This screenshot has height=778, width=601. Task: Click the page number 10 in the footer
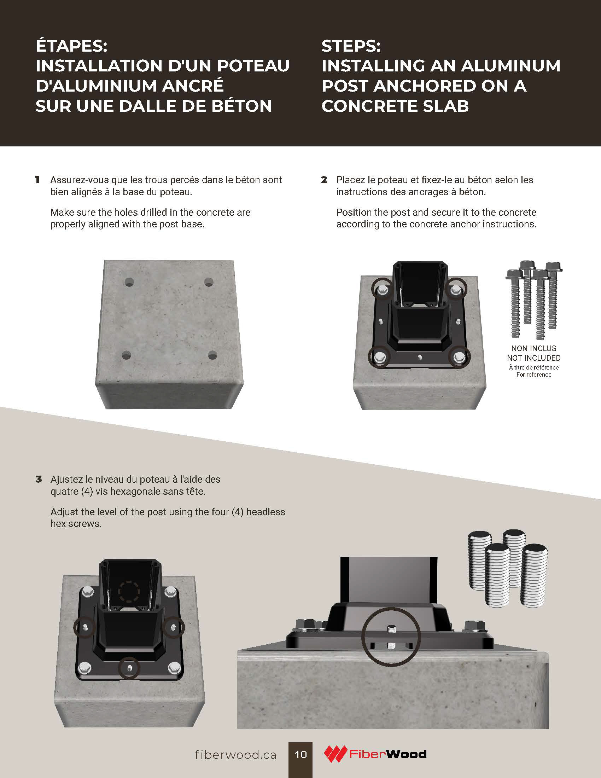(x=300, y=754)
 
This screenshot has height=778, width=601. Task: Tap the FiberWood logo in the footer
(x=375, y=754)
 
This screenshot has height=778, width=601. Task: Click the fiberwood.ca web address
(x=235, y=755)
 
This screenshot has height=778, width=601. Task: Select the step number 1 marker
(x=37, y=180)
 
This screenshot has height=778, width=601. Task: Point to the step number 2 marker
(x=324, y=180)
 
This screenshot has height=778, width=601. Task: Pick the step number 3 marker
(x=39, y=479)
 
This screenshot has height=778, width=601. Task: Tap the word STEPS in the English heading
(x=351, y=46)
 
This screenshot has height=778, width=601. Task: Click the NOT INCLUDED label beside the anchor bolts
(x=534, y=358)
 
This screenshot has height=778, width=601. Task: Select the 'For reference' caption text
(x=534, y=375)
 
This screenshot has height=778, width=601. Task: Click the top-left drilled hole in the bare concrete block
(x=129, y=283)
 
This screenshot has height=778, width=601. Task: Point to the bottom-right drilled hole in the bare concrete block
(x=212, y=355)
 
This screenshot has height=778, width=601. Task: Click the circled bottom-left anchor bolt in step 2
(x=380, y=356)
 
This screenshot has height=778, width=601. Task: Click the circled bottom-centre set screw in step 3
(x=129, y=668)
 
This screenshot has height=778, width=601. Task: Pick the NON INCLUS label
(x=534, y=348)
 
